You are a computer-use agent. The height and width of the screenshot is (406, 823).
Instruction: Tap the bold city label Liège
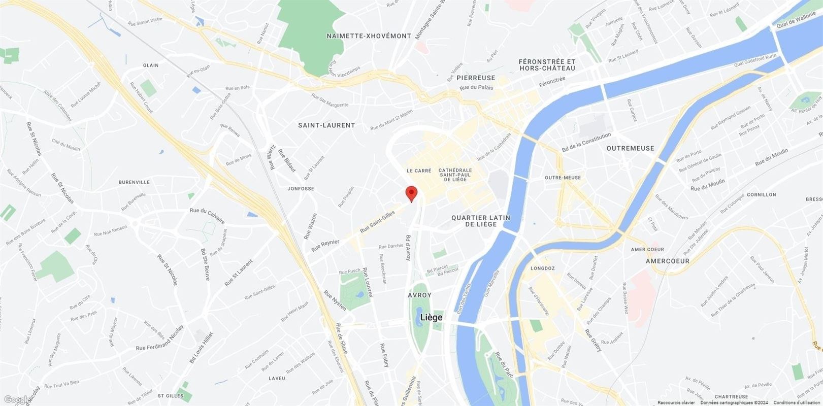431,318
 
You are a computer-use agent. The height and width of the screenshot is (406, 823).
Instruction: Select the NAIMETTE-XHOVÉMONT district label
369,36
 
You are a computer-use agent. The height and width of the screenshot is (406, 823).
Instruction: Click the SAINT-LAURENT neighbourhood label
326,125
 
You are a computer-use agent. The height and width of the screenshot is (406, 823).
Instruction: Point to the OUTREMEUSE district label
630,148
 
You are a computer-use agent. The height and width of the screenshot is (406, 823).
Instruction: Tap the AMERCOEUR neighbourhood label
668,261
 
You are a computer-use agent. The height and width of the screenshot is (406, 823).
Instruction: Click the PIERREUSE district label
475,78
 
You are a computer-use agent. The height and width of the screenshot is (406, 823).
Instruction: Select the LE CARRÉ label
419,171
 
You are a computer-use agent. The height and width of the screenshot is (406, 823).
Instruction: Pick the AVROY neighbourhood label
419,295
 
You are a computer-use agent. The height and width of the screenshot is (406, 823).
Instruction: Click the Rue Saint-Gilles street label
377,223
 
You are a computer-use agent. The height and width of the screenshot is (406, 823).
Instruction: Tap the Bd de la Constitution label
586,143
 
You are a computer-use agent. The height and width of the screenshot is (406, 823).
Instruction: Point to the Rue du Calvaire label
207,215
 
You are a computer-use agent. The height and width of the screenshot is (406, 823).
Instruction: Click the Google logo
15,399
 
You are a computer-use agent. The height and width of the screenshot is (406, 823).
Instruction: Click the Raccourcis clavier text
676,402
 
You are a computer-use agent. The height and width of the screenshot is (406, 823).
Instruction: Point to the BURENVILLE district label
134,182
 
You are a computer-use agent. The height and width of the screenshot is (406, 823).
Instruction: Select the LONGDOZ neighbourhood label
542,268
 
